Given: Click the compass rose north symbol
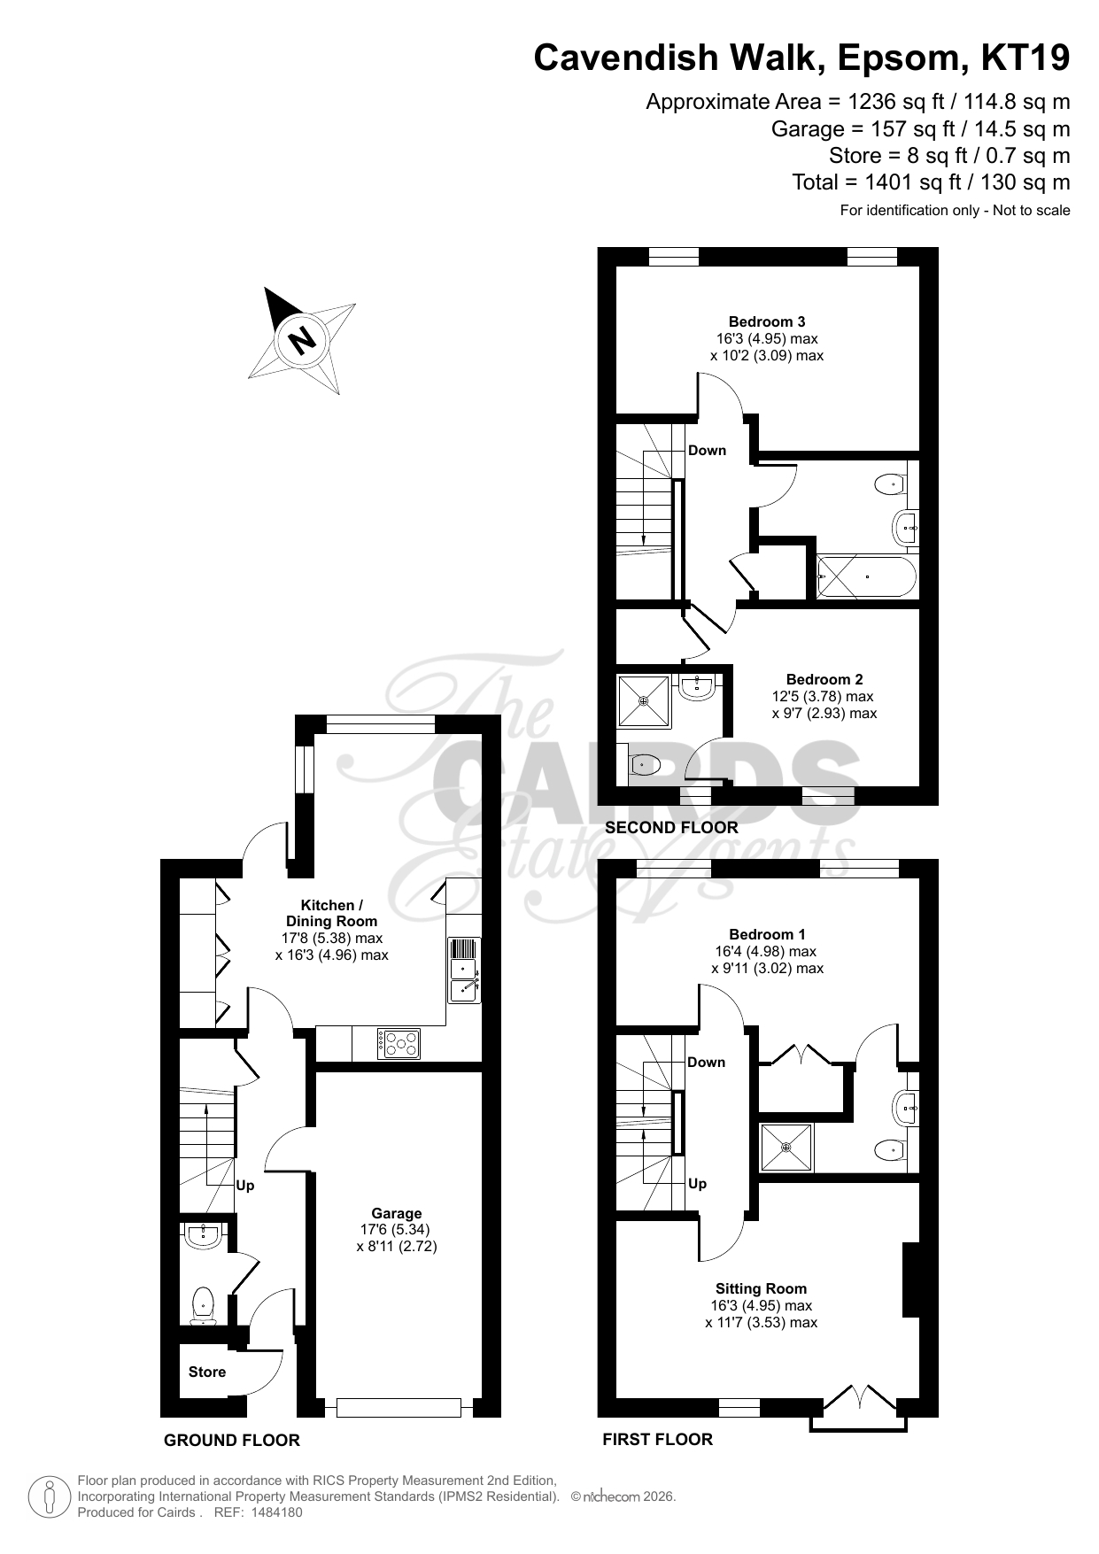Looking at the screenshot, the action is (302, 339).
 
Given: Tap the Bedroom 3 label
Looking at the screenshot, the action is (767, 321).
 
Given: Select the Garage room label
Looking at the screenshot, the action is (397, 1213).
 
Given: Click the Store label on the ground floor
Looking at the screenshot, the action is (207, 1372).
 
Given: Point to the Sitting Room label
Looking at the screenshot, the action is (762, 1288).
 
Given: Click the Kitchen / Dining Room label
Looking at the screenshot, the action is (332, 913).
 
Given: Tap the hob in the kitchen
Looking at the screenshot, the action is (399, 1044).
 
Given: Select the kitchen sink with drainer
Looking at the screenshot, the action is (465, 970).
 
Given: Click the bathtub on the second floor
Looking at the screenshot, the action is (867, 576).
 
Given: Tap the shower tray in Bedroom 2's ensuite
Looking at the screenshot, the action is (644, 700).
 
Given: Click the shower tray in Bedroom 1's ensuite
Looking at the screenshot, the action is (786, 1148).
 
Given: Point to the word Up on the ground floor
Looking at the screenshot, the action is (245, 1186).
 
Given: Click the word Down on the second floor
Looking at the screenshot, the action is (708, 450).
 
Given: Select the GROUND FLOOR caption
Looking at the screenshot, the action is (232, 1441).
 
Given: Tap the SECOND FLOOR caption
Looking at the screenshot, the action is (671, 827).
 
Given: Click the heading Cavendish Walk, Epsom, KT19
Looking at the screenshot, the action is (801, 58).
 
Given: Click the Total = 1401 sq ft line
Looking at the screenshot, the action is (931, 182).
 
